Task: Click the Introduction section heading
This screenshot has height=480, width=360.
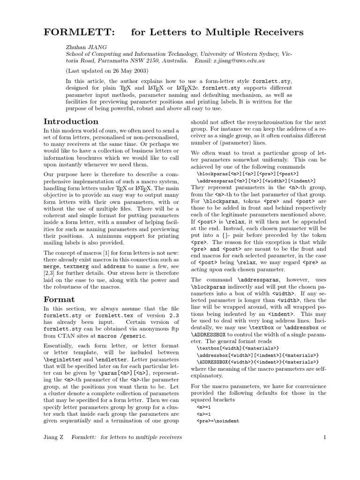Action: [71, 121]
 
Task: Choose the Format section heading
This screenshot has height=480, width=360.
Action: [59, 299]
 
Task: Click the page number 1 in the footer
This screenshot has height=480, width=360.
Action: [324, 437]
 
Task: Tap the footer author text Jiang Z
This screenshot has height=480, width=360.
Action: [54, 437]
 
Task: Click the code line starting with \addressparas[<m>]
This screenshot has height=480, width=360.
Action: [256, 180]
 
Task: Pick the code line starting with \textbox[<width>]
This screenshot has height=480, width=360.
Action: [238, 348]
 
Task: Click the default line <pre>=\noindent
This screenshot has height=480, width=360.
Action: [218, 421]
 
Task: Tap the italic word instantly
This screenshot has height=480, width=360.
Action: [70, 165]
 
